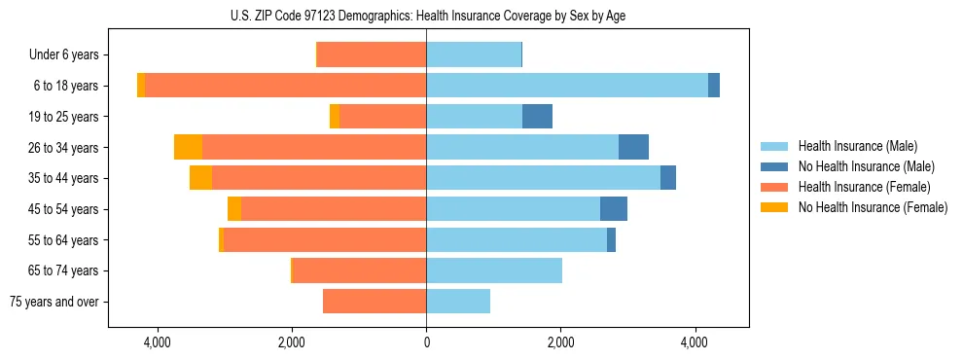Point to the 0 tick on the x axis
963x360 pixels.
coord(426,342)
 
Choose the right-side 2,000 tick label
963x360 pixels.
coord(560,342)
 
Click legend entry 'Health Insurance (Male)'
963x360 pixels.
coord(857,146)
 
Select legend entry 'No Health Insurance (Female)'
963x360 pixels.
coord(873,207)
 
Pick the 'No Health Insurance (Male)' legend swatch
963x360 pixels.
coord(775,166)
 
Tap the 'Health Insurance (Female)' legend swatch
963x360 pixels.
coord(775,187)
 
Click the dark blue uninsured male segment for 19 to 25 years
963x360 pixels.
coord(537,117)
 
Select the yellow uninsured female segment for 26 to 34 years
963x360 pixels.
coord(188,148)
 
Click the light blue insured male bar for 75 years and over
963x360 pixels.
coord(458,302)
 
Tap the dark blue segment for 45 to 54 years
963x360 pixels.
coord(614,209)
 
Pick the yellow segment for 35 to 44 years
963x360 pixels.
coord(200,178)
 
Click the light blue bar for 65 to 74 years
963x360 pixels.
coord(494,270)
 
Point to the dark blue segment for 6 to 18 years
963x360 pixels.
coord(714,86)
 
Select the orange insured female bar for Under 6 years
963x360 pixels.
coord(372,55)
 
